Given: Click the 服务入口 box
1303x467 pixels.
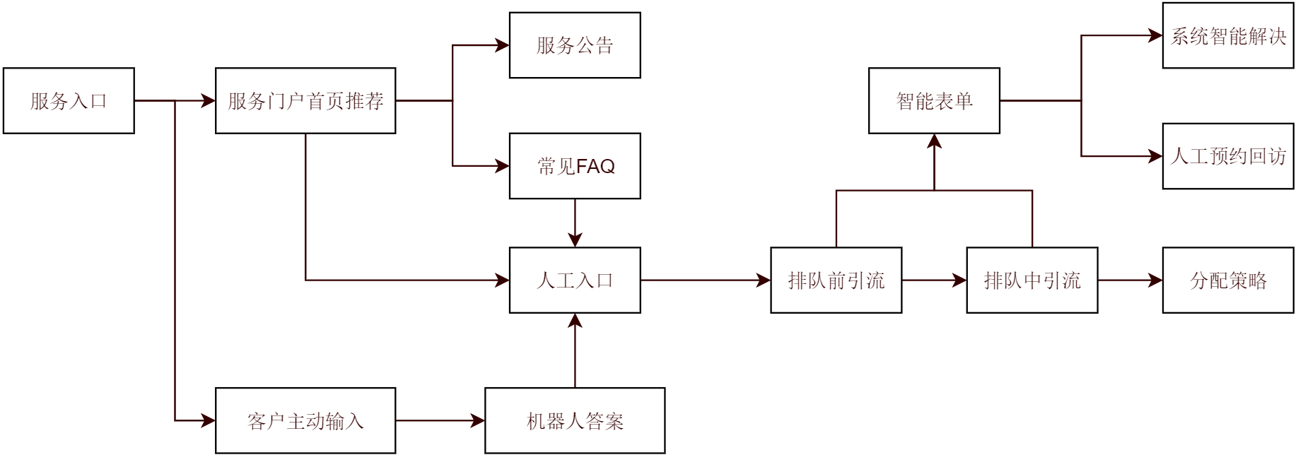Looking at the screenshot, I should pos(69,101).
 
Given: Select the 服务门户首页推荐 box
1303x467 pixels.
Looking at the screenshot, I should pos(305,101).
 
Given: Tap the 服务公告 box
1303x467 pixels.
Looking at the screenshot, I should pos(575,45).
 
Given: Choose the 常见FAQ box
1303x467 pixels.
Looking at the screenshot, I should pos(575,166).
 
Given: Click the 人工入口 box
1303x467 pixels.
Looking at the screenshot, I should pos(575,280).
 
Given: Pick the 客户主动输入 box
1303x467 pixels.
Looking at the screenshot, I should pos(305,421).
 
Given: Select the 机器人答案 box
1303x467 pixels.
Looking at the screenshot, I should pos(575,421).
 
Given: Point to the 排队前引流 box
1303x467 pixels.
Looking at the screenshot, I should pos(836,280).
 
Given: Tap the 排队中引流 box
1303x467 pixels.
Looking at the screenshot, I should pos(1032,280).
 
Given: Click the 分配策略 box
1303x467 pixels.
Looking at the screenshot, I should pos(1228,280).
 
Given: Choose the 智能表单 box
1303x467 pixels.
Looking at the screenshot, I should pos(934,101).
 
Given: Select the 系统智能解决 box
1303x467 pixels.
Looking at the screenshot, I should pos(1228,36).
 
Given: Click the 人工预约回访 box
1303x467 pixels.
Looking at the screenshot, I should pos(1228,156).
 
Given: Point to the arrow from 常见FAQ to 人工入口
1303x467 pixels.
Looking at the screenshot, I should pos(575,223).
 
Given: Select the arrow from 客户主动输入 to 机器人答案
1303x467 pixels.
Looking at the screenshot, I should pos(440,421).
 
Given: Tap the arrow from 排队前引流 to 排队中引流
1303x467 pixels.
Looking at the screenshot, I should pos(934,280).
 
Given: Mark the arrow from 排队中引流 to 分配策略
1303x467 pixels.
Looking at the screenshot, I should pos(1130,280).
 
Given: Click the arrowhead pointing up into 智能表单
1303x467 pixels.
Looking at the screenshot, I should pos(935,141).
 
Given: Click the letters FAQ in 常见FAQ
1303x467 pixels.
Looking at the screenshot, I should pos(595,167).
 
